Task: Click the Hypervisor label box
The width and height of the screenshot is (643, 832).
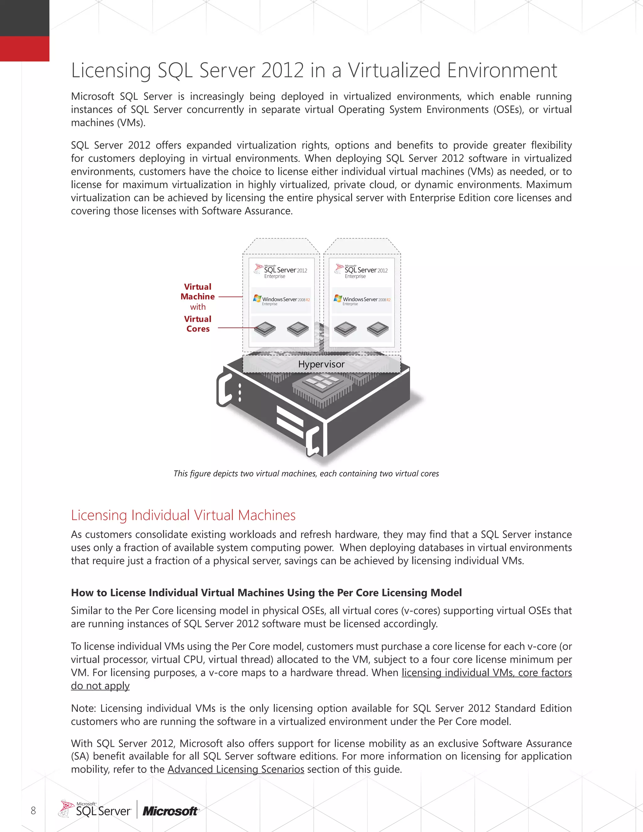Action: [321, 364]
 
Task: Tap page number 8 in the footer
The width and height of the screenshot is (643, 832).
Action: [33, 810]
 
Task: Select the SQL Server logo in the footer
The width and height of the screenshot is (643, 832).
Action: [95, 809]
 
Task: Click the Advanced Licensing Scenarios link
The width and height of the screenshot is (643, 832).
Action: [236, 769]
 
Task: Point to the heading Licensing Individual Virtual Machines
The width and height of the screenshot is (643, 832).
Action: [183, 515]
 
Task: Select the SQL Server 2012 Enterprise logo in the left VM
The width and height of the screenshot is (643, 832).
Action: [281, 271]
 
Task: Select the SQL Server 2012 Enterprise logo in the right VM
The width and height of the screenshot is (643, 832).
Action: [361, 271]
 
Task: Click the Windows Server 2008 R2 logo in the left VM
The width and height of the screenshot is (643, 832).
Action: [282, 300]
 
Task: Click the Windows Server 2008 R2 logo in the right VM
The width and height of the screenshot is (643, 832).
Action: [362, 300]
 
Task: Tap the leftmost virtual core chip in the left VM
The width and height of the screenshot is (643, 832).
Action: [265, 329]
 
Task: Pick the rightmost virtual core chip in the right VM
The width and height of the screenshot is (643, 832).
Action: [378, 329]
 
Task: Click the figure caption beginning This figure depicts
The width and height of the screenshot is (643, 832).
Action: [306, 473]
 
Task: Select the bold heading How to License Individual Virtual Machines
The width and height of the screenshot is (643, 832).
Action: [266, 593]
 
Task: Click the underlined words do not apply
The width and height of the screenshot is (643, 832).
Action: [100, 686]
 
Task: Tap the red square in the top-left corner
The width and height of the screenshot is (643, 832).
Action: [24, 49]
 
